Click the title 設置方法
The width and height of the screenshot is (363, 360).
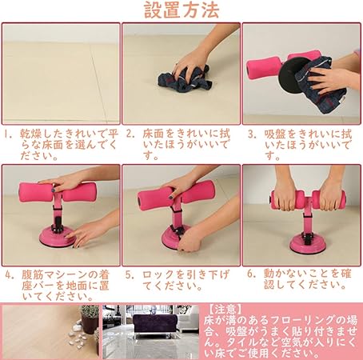pos(181,10)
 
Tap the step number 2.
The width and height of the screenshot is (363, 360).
pos(130,134)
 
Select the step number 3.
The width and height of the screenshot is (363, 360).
pos(252,134)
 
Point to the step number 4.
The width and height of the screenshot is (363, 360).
pos(10,275)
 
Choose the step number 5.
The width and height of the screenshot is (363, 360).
pos(130,274)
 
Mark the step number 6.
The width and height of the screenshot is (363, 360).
pos(251,274)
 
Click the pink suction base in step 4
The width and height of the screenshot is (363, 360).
pos(58,237)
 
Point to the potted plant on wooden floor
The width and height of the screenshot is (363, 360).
pos(90,319)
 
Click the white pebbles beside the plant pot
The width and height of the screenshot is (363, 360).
pos(78,337)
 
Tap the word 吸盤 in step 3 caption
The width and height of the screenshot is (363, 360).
pos(275,134)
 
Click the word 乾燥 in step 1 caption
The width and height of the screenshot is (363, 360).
pos(31,134)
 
